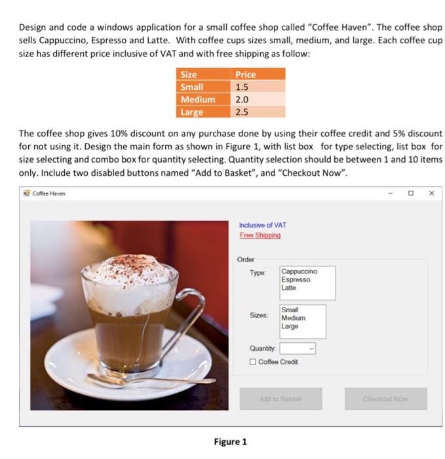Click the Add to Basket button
281,399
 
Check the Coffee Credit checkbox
253,362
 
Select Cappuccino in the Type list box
299,271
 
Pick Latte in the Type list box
288,287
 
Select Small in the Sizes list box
290,310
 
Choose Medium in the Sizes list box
292,318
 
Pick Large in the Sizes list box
290,326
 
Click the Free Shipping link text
260,235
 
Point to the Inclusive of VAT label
263,225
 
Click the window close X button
431,193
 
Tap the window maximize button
411,193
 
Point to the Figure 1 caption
230,441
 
